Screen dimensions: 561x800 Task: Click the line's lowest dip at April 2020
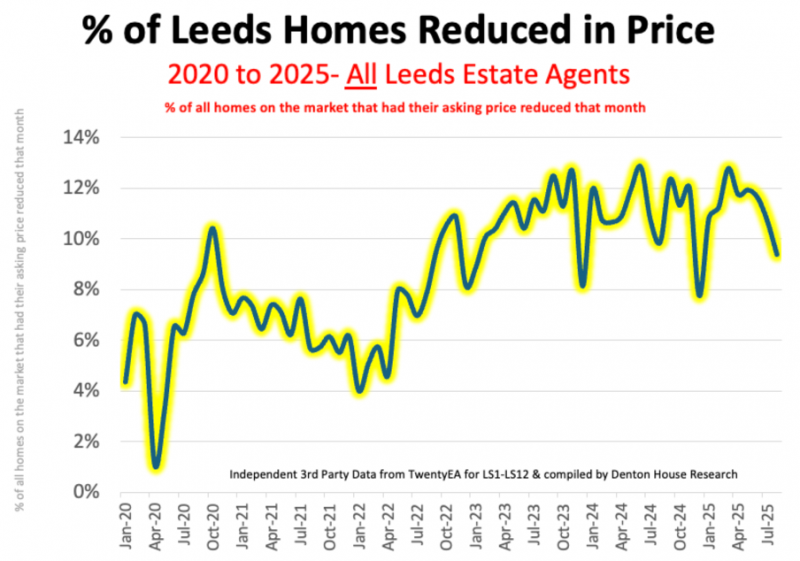(x=156, y=466)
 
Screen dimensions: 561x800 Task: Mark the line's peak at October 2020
(x=212, y=229)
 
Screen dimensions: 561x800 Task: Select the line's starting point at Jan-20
(x=124, y=381)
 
